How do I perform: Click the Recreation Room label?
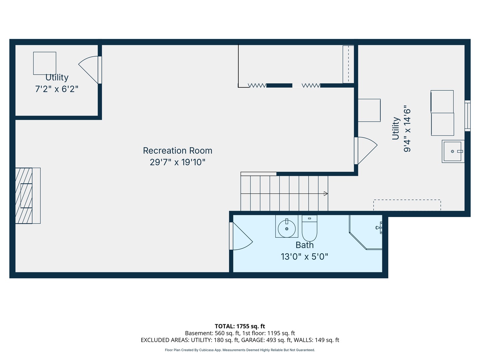pyautogui.click(x=177, y=151)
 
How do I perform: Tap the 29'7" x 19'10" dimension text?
pyautogui.click(x=177, y=162)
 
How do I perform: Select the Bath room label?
pyautogui.click(x=304, y=245)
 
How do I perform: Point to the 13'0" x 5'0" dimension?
pyautogui.click(x=304, y=257)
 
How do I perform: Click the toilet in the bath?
pyautogui.click(x=309, y=228)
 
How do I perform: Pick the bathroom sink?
pyautogui.click(x=287, y=227)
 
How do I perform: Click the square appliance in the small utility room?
pyautogui.click(x=45, y=63)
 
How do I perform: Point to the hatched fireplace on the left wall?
pyautogui.click(x=24, y=196)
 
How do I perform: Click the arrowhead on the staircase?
pyautogui.click(x=326, y=194)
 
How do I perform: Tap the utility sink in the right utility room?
pyautogui.click(x=453, y=151)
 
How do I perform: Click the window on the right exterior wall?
pyautogui.click(x=467, y=116)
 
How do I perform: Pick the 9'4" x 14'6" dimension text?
pyautogui.click(x=407, y=130)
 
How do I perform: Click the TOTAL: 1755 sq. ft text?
pyautogui.click(x=240, y=326)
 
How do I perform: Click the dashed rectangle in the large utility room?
pyautogui.click(x=407, y=205)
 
